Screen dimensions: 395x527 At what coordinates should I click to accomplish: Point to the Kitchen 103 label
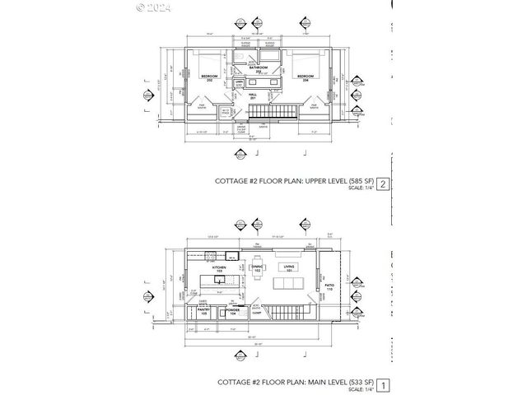[x=220, y=269]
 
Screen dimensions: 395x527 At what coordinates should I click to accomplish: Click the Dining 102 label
[x=257, y=268]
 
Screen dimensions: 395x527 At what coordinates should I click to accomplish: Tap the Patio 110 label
[x=329, y=289]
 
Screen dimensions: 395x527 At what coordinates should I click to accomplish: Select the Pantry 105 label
[x=203, y=313]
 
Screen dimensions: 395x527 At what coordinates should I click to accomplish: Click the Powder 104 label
[x=233, y=313]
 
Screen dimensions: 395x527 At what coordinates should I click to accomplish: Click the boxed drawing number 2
[x=381, y=184]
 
